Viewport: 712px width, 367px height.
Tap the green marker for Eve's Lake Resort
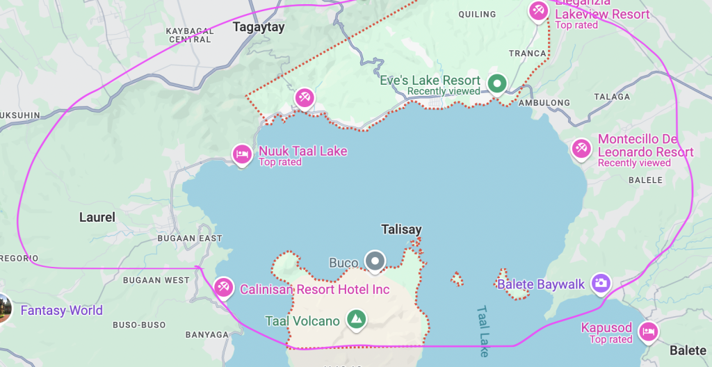[496, 84]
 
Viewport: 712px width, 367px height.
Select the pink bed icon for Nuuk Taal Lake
[241, 154]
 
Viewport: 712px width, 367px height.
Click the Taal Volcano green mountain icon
[356, 320]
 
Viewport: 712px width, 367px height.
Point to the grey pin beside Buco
[375, 261]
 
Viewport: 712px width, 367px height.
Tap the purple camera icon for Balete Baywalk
[601, 283]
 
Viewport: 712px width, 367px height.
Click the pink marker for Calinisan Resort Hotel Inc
[223, 287]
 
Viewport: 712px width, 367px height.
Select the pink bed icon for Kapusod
[648, 331]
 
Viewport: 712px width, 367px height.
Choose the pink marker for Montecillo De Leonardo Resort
[581, 148]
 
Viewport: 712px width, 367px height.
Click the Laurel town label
[97, 218]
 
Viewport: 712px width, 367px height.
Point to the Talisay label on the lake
[401, 229]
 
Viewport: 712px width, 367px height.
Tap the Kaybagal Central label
[190, 35]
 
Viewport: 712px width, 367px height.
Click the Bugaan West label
[156, 280]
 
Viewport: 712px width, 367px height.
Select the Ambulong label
[544, 103]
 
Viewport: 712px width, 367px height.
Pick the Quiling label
[478, 15]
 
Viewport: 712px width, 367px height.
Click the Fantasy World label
[61, 311]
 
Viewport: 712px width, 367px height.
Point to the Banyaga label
[207, 335]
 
